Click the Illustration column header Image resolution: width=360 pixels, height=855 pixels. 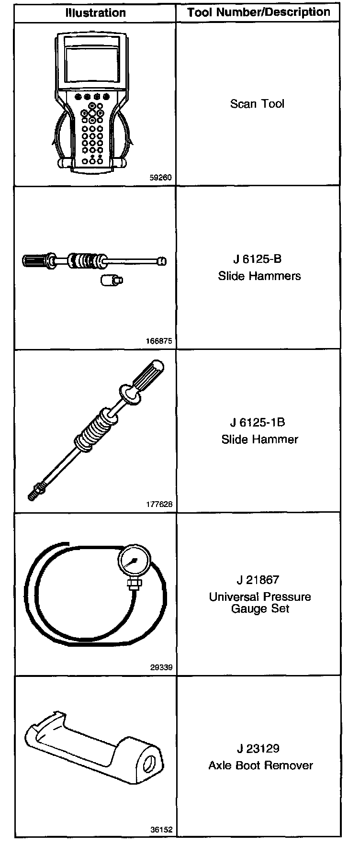(x=95, y=13)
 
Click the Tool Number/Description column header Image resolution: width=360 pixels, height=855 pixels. (x=259, y=12)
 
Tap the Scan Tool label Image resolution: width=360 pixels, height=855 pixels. (x=257, y=103)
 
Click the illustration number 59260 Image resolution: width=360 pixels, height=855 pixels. (x=161, y=178)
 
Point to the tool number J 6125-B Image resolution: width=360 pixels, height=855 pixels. (x=257, y=259)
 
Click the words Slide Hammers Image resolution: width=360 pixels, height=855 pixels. (x=259, y=276)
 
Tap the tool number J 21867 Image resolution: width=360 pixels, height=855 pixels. (x=258, y=580)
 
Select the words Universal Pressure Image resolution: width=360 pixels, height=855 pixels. (x=260, y=597)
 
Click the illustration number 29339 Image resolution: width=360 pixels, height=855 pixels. (x=161, y=667)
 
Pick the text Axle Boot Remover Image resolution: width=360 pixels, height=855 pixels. (x=260, y=765)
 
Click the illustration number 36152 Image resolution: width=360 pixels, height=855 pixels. (x=161, y=830)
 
